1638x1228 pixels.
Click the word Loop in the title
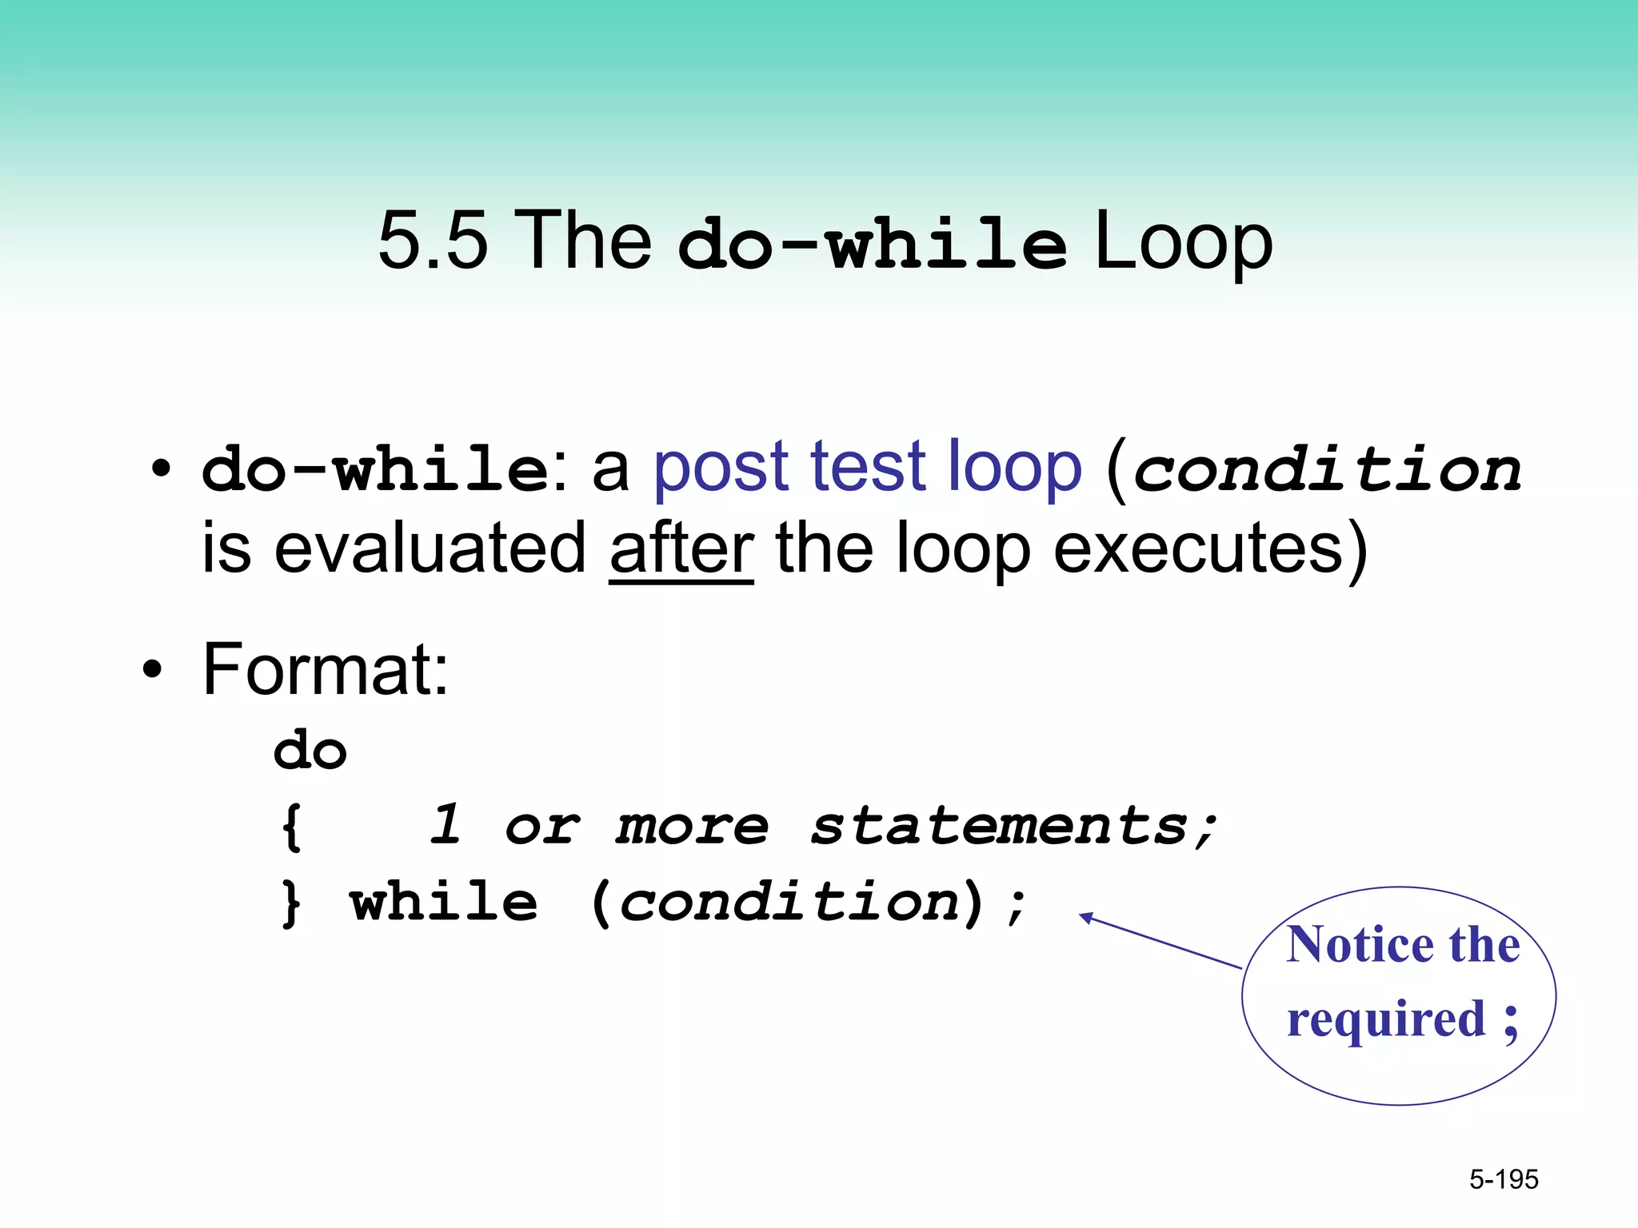1183,242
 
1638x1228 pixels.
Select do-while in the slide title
872,245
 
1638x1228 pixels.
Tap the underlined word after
681,549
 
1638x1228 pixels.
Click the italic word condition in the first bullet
1328,470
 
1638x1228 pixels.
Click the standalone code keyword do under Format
310,752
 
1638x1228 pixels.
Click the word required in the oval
1386,1020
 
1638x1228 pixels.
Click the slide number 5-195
1504,1179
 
